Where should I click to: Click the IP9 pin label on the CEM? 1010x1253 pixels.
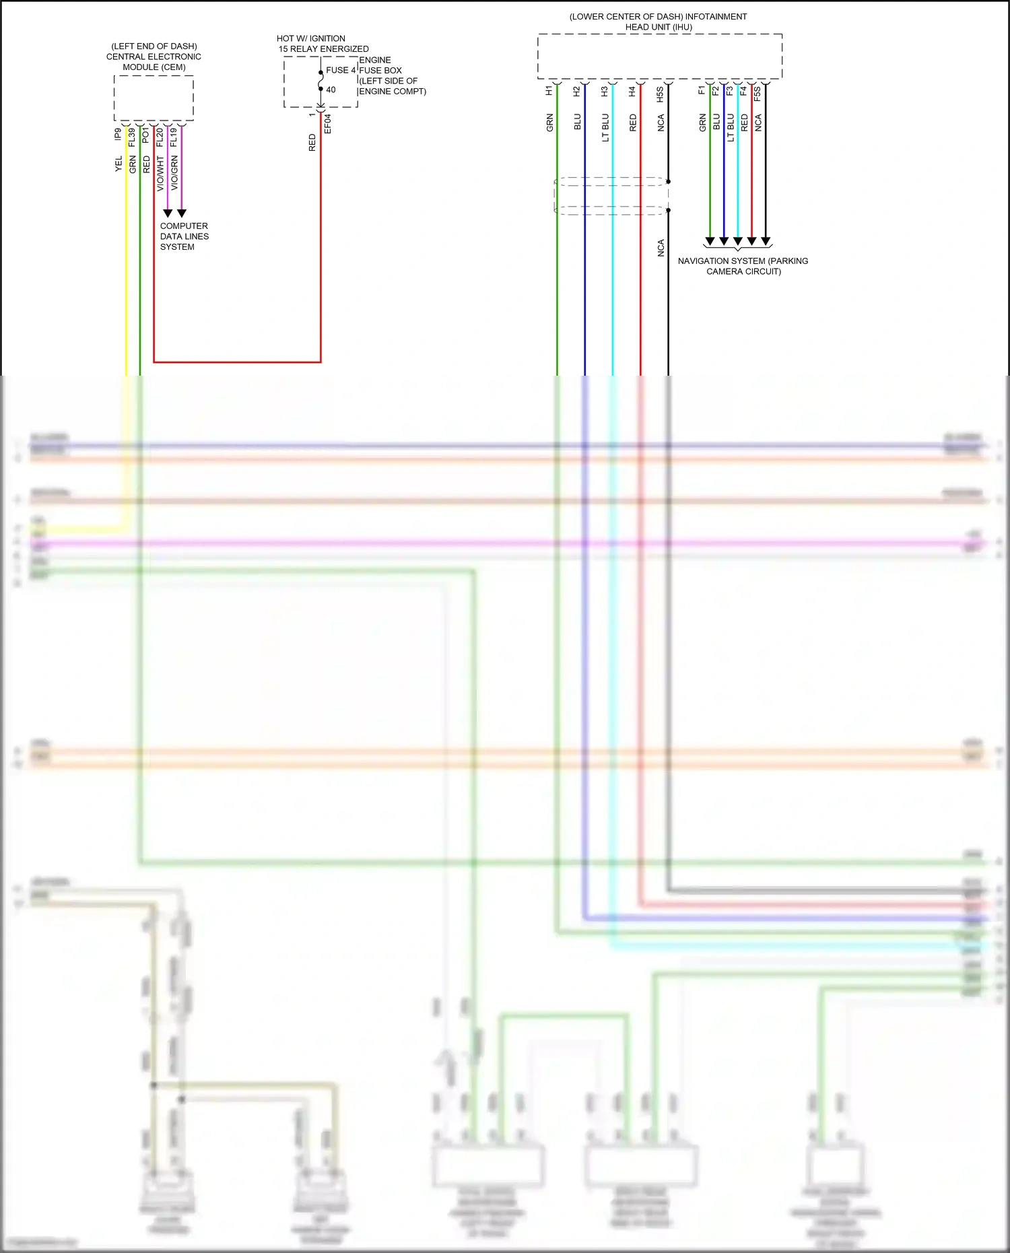pyautogui.click(x=118, y=134)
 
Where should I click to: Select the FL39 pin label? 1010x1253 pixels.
pyautogui.click(x=132, y=137)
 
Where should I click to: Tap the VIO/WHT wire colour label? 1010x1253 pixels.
pyautogui.click(x=160, y=174)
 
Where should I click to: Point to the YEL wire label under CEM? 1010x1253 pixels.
pyautogui.click(x=119, y=164)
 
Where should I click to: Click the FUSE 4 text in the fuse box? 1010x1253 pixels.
pyautogui.click(x=341, y=70)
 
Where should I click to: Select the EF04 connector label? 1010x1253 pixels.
pyautogui.click(x=328, y=123)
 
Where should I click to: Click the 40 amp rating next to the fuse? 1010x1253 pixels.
pyautogui.click(x=331, y=90)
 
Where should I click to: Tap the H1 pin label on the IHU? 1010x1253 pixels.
pyautogui.click(x=549, y=90)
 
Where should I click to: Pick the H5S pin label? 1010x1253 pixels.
pyautogui.click(x=660, y=94)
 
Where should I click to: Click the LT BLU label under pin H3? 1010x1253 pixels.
pyautogui.click(x=605, y=127)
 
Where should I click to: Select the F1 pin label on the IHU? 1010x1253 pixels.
pyautogui.click(x=702, y=90)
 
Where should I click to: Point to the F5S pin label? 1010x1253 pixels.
pyautogui.click(x=757, y=94)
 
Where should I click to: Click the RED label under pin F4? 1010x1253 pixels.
pyautogui.click(x=744, y=123)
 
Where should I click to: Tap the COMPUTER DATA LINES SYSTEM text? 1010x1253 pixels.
pyautogui.click(x=184, y=236)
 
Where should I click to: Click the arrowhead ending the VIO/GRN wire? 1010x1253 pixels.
pyautogui.click(x=181, y=213)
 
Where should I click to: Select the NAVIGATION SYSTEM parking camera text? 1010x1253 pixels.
pyautogui.click(x=743, y=266)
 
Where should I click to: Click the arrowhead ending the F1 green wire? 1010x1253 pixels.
pyautogui.click(x=710, y=241)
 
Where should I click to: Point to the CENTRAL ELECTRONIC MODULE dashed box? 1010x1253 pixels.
pyautogui.click(x=154, y=98)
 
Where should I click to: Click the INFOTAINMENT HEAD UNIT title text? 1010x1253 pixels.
pyautogui.click(x=658, y=22)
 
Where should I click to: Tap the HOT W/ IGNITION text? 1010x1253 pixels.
pyautogui.click(x=311, y=38)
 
